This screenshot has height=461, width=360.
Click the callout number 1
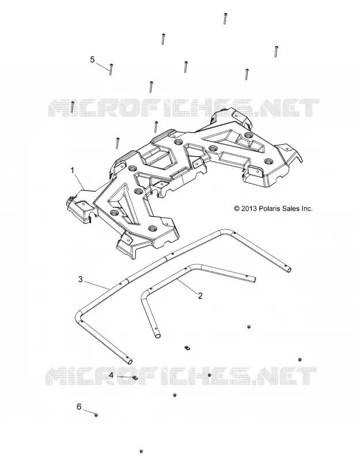click(x=73, y=170)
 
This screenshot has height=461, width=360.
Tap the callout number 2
click(x=200, y=296)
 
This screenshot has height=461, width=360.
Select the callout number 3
click(x=81, y=279)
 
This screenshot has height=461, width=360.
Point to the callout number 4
click(x=111, y=376)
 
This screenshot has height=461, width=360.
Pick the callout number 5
click(x=92, y=60)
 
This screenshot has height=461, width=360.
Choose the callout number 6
click(x=79, y=407)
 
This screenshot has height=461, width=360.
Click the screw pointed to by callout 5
click(x=111, y=70)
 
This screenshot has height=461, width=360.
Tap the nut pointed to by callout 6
click(x=96, y=415)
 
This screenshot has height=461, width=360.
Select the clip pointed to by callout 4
click(x=135, y=377)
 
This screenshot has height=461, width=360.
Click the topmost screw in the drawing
click(x=225, y=18)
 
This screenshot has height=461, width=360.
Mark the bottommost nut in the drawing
click(x=141, y=451)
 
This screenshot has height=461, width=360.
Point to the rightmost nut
click(x=300, y=360)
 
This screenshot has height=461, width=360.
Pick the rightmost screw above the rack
click(x=276, y=52)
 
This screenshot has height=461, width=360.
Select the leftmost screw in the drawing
click(x=72, y=107)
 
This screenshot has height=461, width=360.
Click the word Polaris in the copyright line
click(x=267, y=209)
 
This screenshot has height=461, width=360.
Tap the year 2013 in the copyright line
click(x=249, y=209)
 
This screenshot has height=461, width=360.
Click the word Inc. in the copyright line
click(x=307, y=209)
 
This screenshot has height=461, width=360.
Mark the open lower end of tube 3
click(x=129, y=361)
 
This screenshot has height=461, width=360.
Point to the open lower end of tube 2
click(x=158, y=335)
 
